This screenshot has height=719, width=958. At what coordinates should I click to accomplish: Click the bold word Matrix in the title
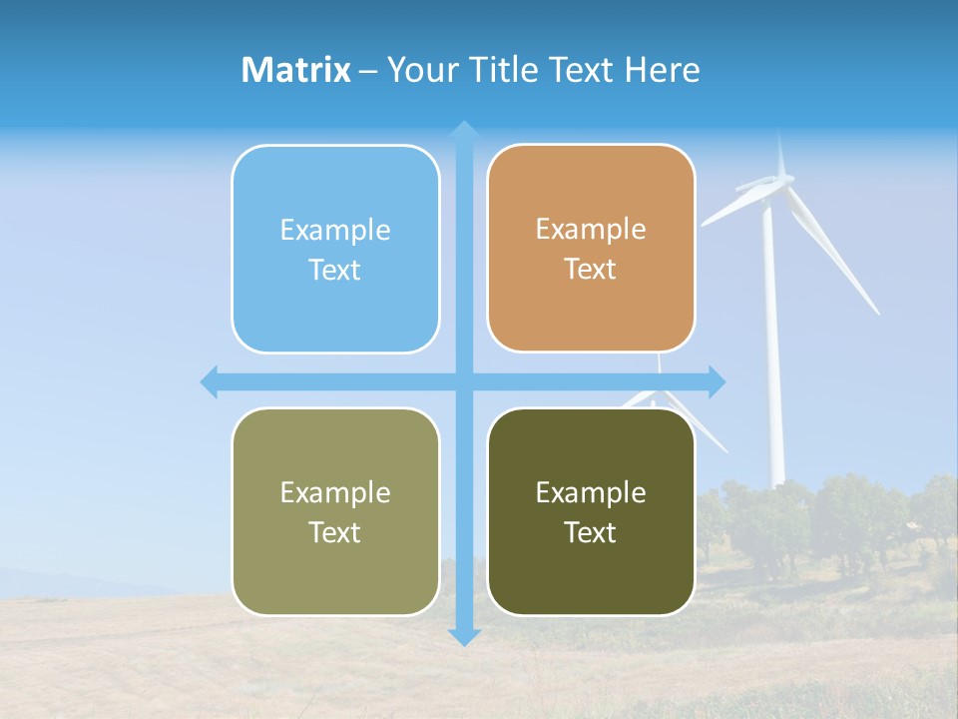coord(296,70)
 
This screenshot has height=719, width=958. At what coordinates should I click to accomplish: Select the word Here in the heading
coord(662,70)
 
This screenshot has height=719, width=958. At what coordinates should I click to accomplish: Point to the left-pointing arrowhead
coord(210,381)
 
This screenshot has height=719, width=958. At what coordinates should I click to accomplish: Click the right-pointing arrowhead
coord(717,381)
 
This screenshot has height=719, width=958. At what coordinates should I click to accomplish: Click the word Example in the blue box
coord(335,231)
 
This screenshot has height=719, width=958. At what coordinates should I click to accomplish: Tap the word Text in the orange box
coord(590,270)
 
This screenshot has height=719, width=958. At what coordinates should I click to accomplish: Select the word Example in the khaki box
coord(335,493)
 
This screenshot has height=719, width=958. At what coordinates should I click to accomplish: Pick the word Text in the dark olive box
coord(590,533)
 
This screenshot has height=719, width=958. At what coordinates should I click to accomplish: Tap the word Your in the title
coord(415,70)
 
